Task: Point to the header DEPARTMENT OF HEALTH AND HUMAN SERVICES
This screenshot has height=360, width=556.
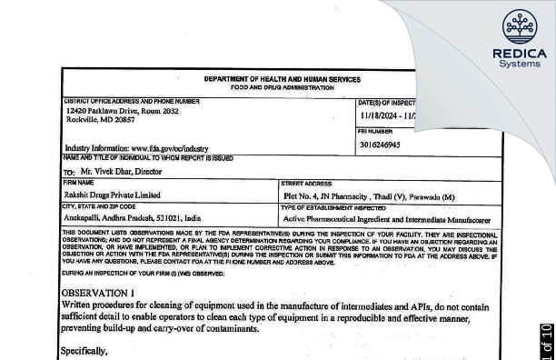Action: coord(282,79)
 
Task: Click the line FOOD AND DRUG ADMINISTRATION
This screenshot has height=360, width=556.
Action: coord(282,88)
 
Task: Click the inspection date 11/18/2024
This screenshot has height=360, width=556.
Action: coord(385,116)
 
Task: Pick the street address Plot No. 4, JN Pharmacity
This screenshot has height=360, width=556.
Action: coord(342,195)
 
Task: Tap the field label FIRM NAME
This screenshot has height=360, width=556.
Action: coord(79,184)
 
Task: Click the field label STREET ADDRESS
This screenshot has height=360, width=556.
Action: coord(305,184)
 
